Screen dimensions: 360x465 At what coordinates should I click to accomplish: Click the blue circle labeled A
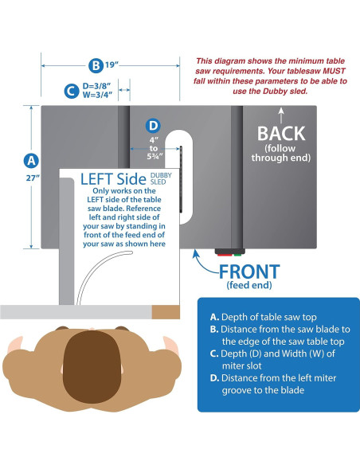[x=31, y=161]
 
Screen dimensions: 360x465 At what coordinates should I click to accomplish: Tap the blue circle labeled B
[x=96, y=65]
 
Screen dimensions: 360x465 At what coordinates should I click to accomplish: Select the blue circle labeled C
[x=72, y=91]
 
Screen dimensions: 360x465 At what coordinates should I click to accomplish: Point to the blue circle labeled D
[x=153, y=126]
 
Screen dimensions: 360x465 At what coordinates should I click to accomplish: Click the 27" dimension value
[x=33, y=178]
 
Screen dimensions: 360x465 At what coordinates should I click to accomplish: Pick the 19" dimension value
[x=112, y=64]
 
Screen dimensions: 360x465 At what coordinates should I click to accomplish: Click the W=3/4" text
[x=97, y=96]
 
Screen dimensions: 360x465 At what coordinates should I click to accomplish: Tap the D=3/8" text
[x=96, y=86]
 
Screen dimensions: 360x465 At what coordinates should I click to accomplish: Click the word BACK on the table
[x=281, y=134]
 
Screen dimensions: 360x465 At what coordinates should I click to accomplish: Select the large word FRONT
[x=249, y=272]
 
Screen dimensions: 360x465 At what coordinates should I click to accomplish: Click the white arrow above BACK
[x=281, y=115]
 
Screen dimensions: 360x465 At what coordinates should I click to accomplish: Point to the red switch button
[x=225, y=254]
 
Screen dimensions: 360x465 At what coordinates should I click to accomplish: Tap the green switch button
[x=237, y=254]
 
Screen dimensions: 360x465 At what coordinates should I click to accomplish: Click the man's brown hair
[x=92, y=367]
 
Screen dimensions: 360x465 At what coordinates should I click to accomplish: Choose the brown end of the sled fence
[x=166, y=312]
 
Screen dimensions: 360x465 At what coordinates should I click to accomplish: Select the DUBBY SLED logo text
[x=161, y=178]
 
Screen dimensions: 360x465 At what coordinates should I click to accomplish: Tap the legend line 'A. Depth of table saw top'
[x=263, y=317]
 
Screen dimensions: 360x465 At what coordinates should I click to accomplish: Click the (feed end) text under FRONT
[x=249, y=285]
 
